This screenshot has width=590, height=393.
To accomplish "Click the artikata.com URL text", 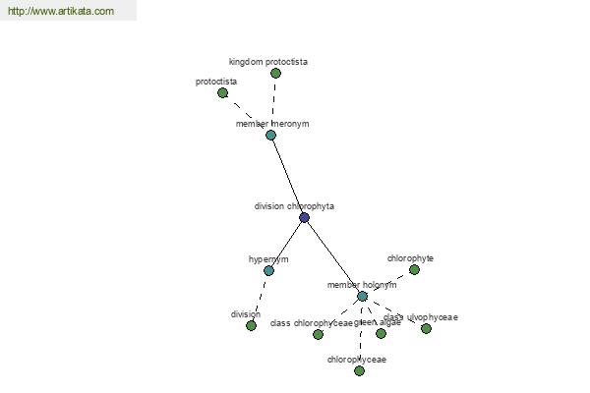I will pos(61,12).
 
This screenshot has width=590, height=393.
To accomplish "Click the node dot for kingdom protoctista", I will pos(275,73).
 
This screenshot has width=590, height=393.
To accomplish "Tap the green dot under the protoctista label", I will pos(223,92).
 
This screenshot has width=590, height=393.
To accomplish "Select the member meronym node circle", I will pos(270,135).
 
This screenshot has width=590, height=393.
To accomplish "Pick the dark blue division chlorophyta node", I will pos(304,217).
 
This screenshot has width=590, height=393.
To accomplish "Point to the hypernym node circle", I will pos(268,270).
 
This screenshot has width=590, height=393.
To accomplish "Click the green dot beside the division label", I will pos(251,325).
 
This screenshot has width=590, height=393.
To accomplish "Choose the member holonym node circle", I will pos(362,296).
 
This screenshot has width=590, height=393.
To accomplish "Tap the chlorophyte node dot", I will pos(414,269).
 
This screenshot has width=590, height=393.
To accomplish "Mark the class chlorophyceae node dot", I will pos(318,334).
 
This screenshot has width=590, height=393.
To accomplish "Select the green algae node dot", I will pos(381,333).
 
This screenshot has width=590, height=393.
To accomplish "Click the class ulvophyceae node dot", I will pos(426,328).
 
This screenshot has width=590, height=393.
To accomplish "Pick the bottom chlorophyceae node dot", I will pos(359,370).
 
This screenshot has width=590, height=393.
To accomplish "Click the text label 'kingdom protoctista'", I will pos(268,62).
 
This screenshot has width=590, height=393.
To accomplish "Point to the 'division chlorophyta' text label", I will pos(294,206).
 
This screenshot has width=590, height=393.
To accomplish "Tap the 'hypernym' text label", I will pos(268,259).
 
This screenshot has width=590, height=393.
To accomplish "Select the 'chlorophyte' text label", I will pos(410,258).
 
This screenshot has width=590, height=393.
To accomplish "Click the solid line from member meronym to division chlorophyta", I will pos(287,176).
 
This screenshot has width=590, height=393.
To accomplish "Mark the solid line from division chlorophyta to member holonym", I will pos(332,255).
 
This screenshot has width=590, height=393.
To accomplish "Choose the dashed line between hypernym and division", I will pos(260,298).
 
